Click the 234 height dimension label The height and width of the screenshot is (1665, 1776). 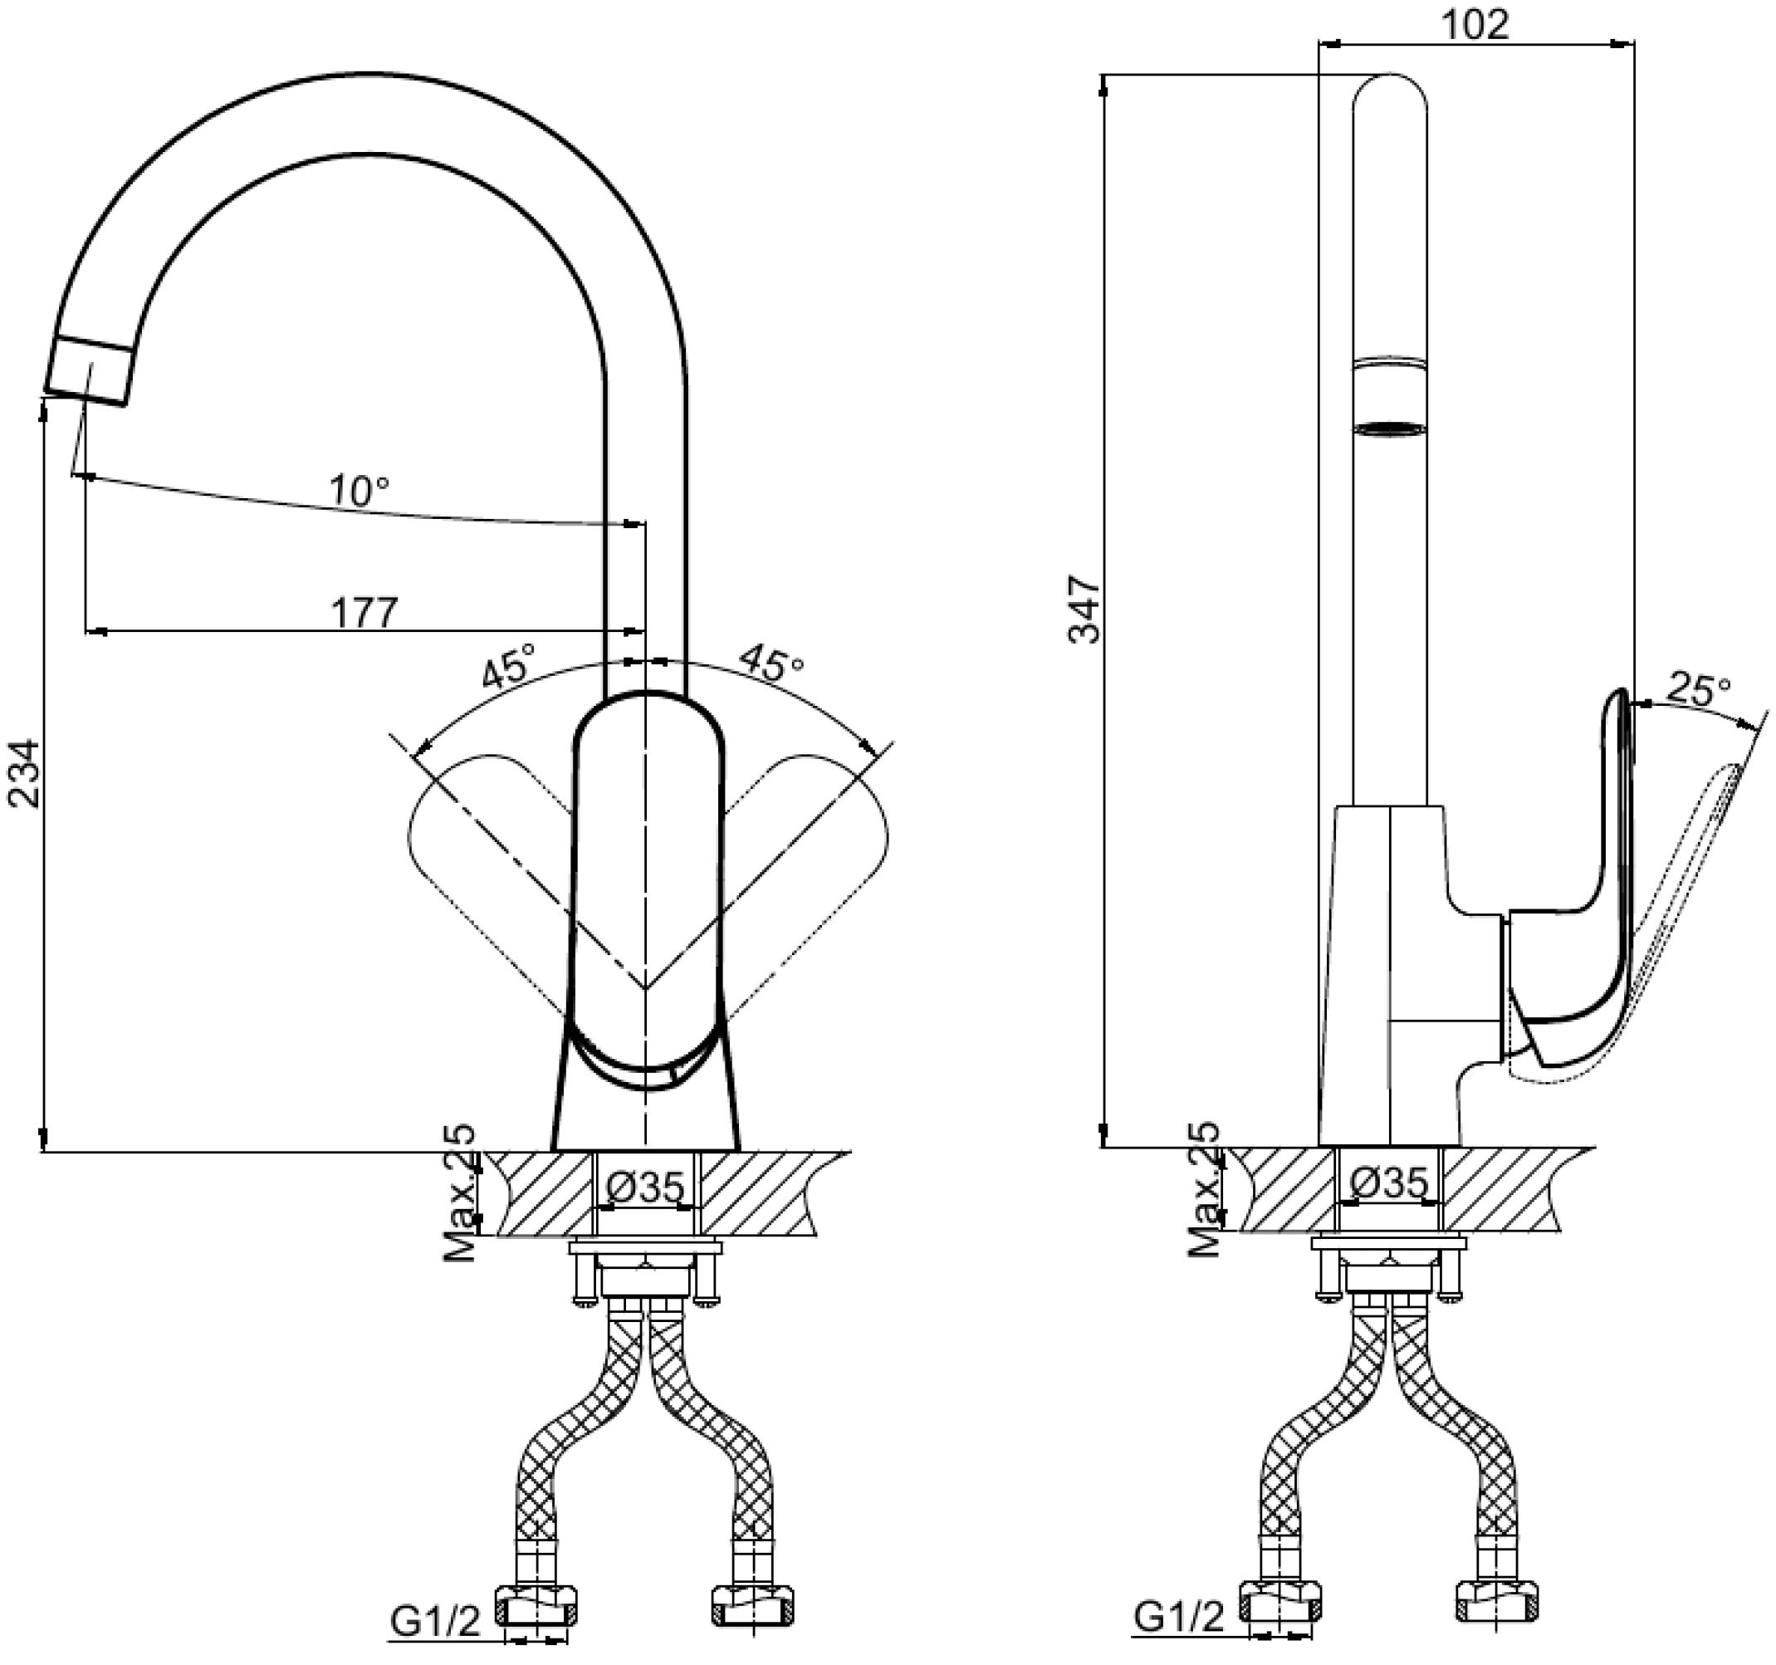(25, 773)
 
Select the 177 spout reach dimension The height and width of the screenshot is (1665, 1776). (364, 612)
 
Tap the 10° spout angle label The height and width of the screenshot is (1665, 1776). (360, 491)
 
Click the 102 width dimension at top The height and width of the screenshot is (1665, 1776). (1475, 24)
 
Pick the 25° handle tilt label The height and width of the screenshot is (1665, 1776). (1698, 692)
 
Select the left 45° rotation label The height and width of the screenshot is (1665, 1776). (508, 665)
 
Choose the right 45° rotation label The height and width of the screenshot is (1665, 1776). (770, 664)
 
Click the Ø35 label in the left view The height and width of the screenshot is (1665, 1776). (646, 1187)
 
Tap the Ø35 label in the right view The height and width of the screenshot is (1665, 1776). (1389, 1183)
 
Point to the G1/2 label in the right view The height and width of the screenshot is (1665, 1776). (1179, 1615)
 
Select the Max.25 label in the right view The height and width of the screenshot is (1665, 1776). (1204, 1189)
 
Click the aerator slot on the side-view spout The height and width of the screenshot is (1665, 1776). (1389, 429)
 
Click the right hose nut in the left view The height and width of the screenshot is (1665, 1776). (752, 1606)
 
